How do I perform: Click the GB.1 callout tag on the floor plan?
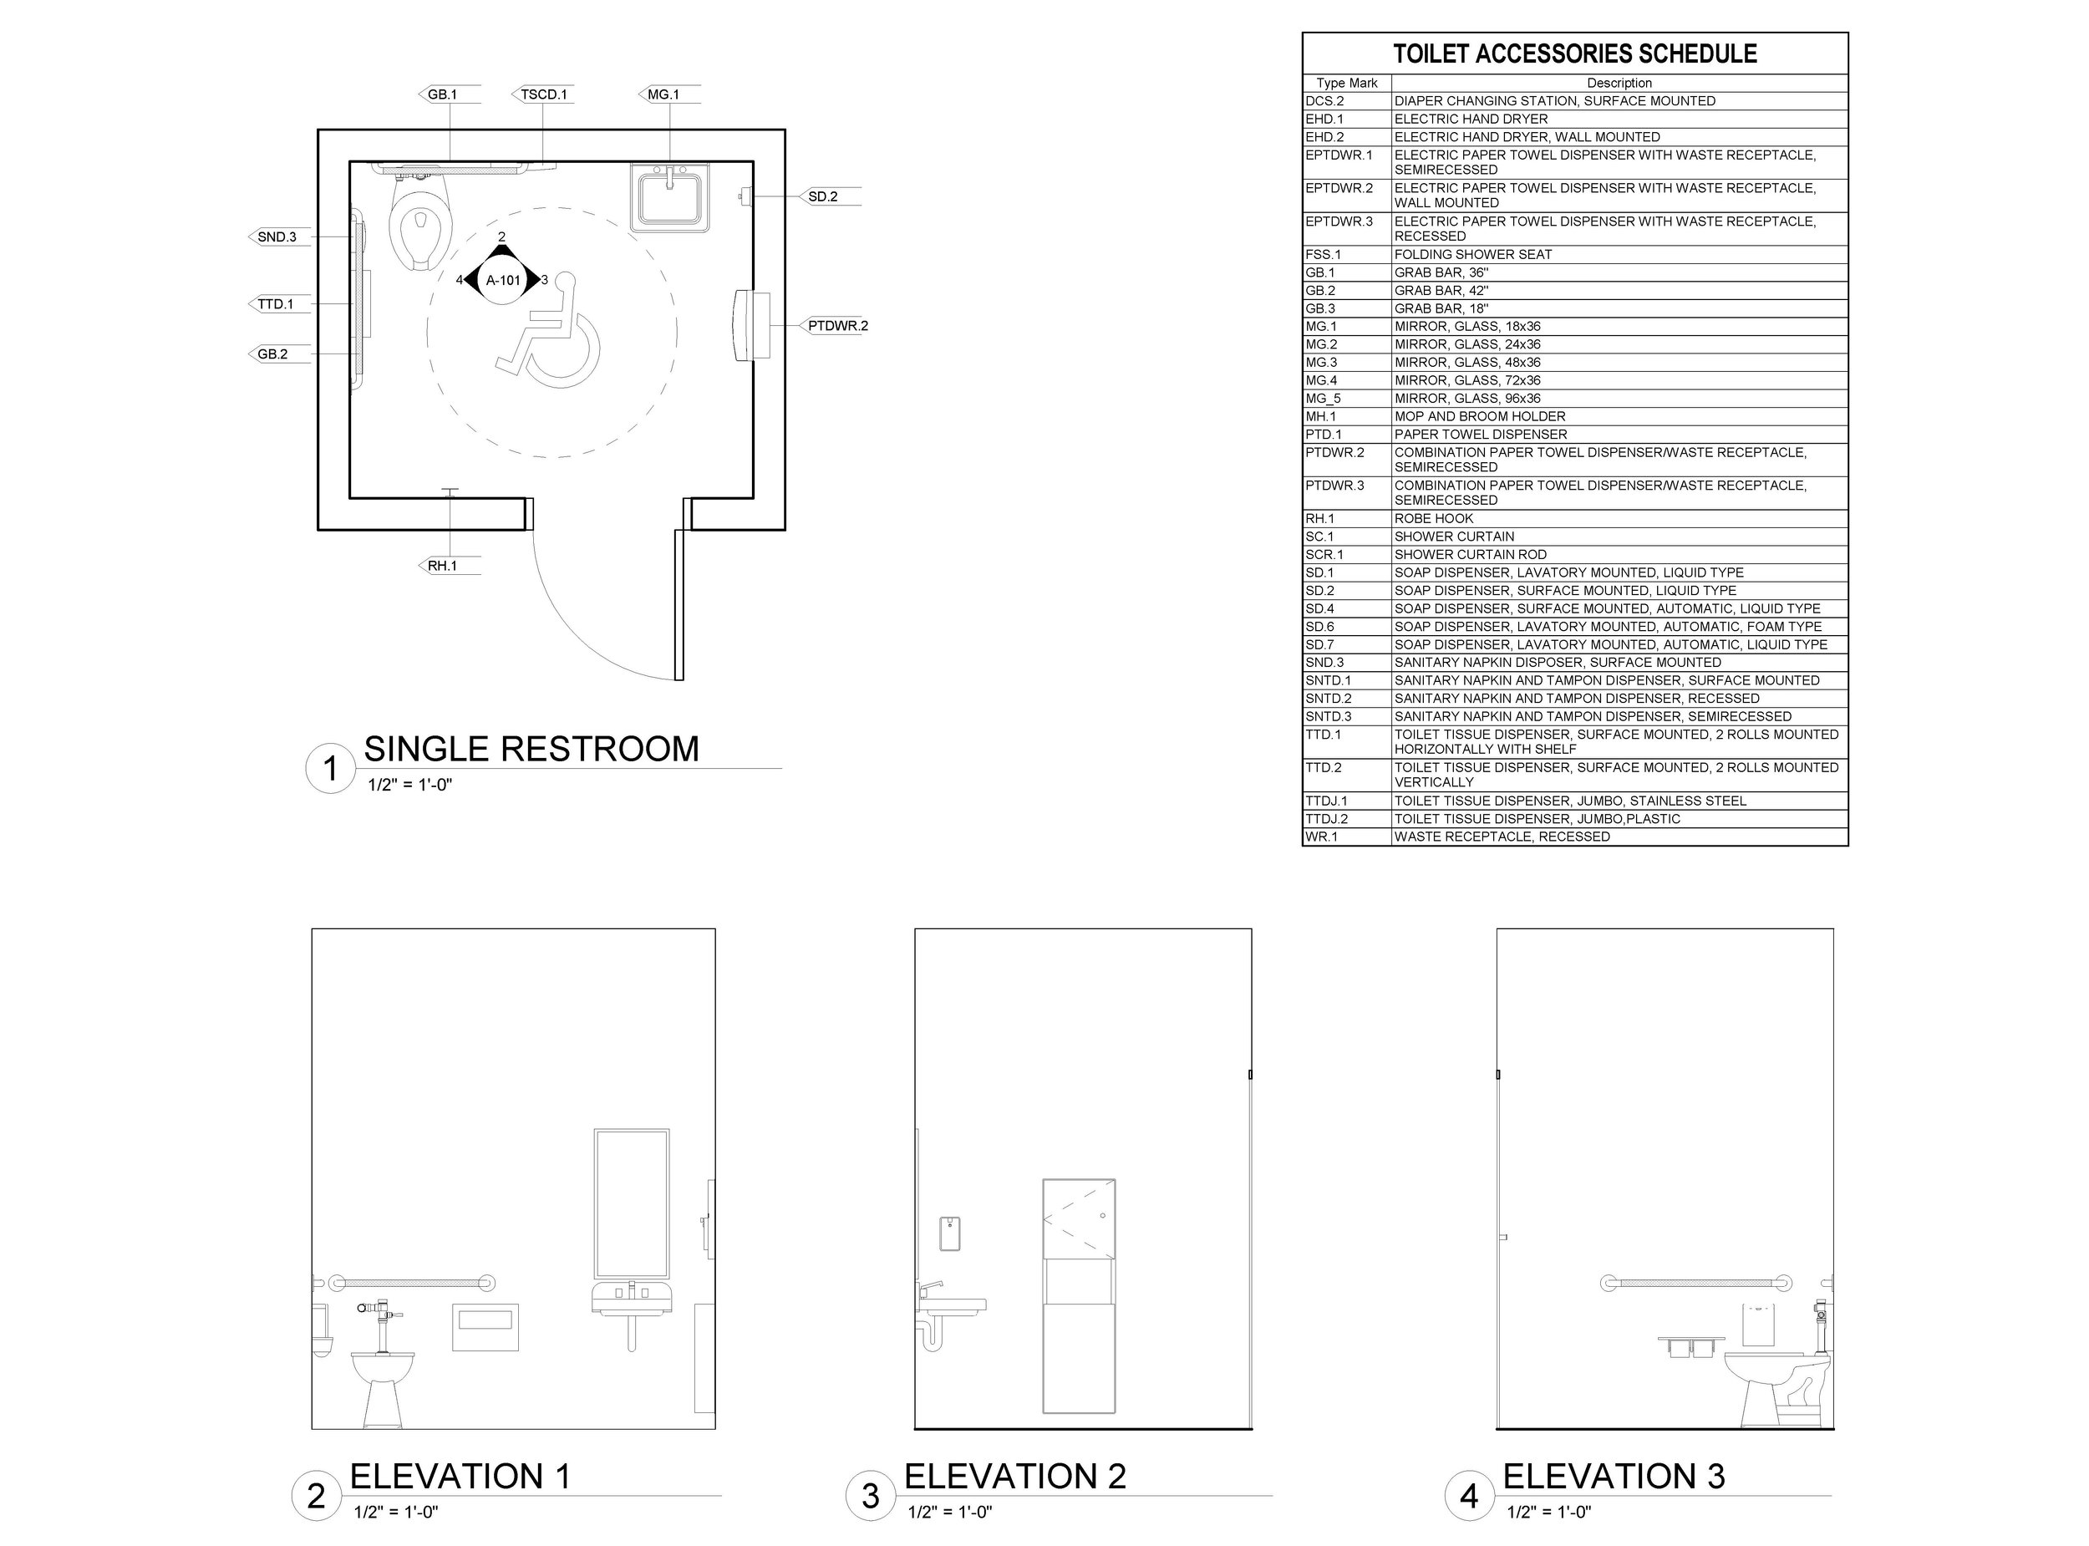click(x=443, y=94)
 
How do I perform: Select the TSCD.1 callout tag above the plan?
click(x=543, y=94)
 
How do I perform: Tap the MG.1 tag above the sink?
click(x=663, y=94)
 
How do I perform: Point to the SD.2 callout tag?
click(x=822, y=196)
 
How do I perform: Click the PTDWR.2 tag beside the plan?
click(x=837, y=326)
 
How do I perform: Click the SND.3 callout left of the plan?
click(x=277, y=236)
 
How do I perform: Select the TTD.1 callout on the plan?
click(x=275, y=304)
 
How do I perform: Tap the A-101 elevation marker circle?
click(x=503, y=280)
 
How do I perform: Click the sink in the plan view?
click(x=668, y=197)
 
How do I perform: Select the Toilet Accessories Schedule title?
click(x=1574, y=54)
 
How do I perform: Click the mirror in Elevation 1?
click(x=632, y=1203)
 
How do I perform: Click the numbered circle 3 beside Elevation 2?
click(x=870, y=1496)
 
